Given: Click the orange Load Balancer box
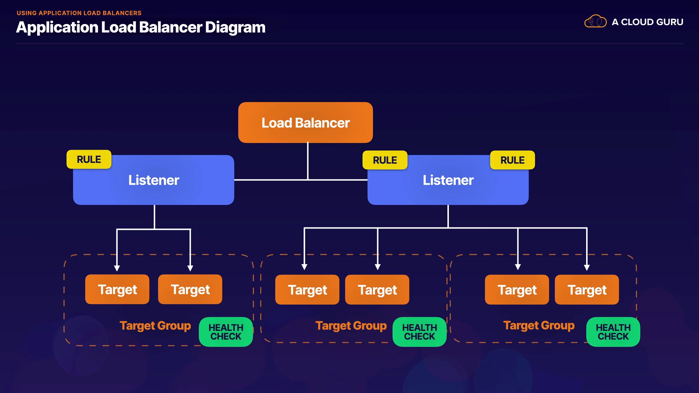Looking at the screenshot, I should coord(305,123).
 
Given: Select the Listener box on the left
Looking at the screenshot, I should coord(154,180).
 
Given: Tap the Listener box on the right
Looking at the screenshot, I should coord(448,180).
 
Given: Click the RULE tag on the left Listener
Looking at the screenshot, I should coord(89,159).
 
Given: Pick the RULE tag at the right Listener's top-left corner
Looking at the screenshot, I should coord(385,160).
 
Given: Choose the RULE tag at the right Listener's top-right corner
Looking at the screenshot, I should coord(512,160).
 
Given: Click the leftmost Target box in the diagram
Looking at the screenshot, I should coord(117,290).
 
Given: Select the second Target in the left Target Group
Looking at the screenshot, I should coord(190,290).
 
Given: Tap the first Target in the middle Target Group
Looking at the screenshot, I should coord(307,290).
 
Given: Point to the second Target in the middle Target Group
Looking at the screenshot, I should coord(377,290).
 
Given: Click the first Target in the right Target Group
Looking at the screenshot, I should coord(517,290).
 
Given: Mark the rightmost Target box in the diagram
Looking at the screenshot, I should coord(587,290).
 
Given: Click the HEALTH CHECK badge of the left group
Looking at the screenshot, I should coord(226,332).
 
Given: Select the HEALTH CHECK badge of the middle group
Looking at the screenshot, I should coord(419,332).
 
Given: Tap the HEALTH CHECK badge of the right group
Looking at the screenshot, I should coord(613,332).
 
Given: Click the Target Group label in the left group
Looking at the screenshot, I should coord(155,326).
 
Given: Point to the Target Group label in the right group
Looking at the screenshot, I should coord(539,325).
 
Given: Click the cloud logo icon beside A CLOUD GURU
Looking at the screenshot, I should coord(595,22).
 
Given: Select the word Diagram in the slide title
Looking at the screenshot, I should coord(235,28).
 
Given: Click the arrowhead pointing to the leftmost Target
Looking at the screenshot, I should coord(117,268).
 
